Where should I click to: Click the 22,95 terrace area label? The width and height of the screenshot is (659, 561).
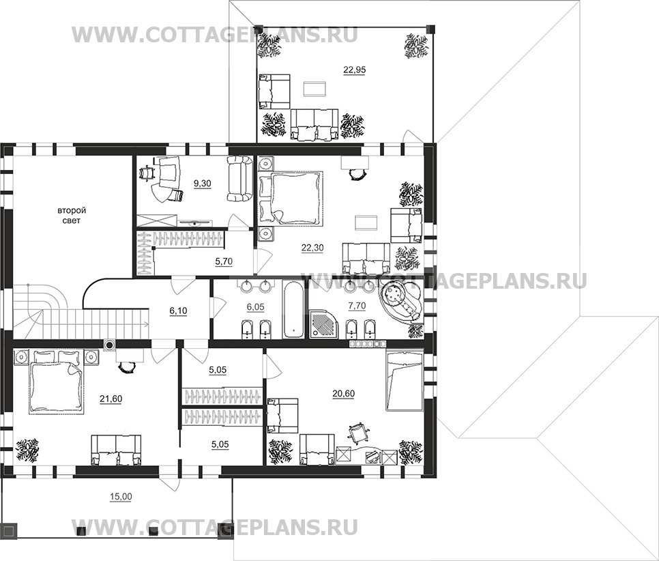pyautogui.click(x=354, y=70)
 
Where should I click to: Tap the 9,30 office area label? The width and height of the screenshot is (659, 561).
pyautogui.click(x=202, y=184)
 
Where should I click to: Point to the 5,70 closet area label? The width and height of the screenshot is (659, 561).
pyautogui.click(x=224, y=261)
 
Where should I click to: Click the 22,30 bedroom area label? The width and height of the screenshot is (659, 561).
pyautogui.click(x=312, y=248)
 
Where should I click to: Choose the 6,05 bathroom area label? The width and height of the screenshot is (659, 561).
pyautogui.click(x=256, y=307)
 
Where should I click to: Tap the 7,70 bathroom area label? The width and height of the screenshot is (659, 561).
pyautogui.click(x=357, y=306)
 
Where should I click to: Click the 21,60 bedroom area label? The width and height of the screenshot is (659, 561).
pyautogui.click(x=111, y=399)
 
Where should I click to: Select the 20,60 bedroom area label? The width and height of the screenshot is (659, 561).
pyautogui.click(x=343, y=394)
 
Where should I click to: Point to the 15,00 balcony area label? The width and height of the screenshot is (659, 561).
pyautogui.click(x=121, y=497)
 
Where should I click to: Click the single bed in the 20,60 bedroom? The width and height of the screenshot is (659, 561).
pyautogui.click(x=404, y=381)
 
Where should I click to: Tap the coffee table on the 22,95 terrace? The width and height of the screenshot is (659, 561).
pyautogui.click(x=314, y=89)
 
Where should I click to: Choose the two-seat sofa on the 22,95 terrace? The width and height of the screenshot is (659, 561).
pyautogui.click(x=314, y=124)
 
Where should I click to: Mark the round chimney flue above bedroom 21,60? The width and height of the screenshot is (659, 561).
pyautogui.click(x=110, y=345)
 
